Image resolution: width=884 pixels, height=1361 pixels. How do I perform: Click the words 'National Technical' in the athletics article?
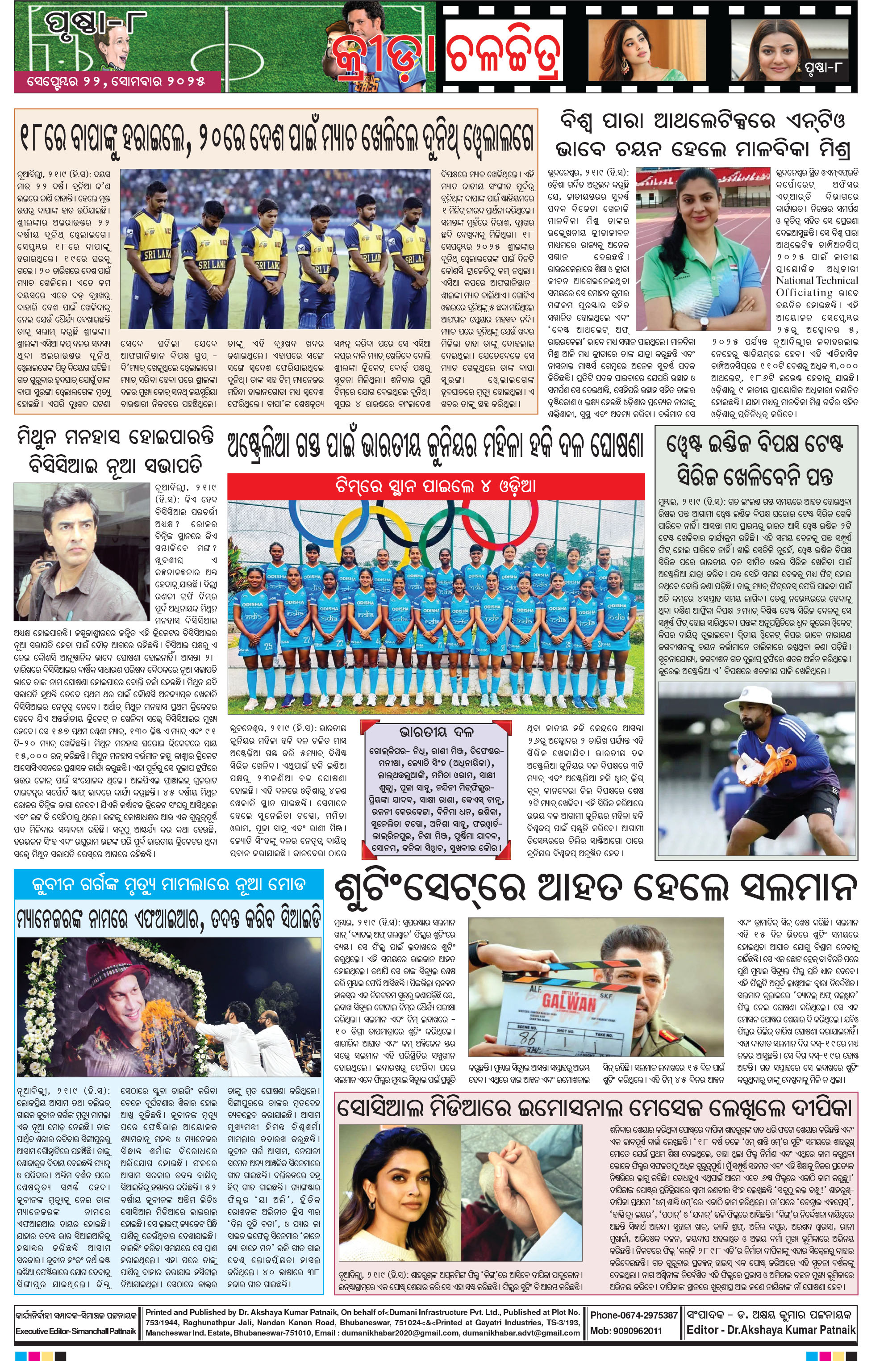click(816, 280)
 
